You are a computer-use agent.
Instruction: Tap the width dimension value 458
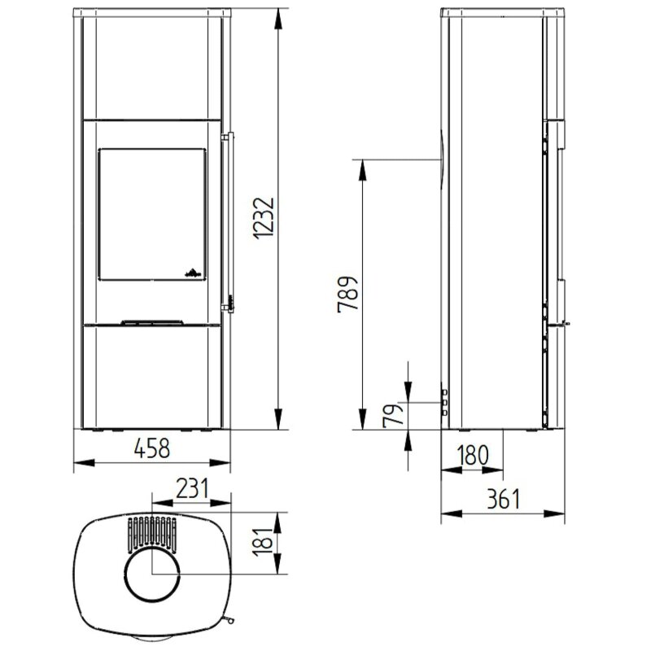pyautogui.click(x=152, y=448)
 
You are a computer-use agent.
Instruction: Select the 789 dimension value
pyautogui.click(x=347, y=294)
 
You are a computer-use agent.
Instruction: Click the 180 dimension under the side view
pyautogui.click(x=472, y=457)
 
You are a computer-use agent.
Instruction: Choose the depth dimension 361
pyautogui.click(x=503, y=499)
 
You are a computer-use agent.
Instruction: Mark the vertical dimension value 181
pyautogui.click(x=262, y=541)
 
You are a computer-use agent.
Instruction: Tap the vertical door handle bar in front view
pyautogui.click(x=230, y=220)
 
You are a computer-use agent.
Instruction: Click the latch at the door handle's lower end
pyautogui.click(x=230, y=303)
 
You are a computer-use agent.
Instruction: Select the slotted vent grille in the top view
pyautogui.click(x=152, y=532)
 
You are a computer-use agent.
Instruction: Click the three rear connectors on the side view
pyautogui.click(x=444, y=402)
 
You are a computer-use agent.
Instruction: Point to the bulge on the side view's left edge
pyautogui.click(x=439, y=158)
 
